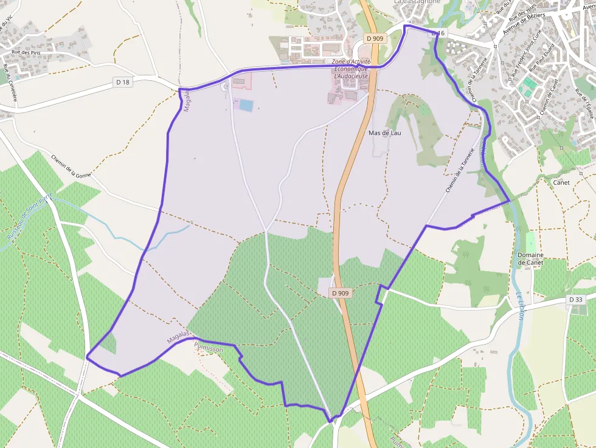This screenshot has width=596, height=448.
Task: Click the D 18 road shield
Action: tap(122, 81)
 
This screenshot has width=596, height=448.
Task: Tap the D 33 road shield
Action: tap(575, 300)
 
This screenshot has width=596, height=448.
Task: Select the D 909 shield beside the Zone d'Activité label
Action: tap(375, 38)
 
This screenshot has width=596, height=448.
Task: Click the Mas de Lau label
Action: tap(384, 133)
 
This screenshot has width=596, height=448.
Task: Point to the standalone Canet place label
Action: tap(561, 182)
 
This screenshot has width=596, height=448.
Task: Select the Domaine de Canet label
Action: tap(530, 258)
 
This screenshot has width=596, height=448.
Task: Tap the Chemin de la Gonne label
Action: tap(71, 166)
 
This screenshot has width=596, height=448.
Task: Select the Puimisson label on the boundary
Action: tap(208, 350)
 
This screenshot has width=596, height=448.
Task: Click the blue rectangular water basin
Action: tap(246, 105)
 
